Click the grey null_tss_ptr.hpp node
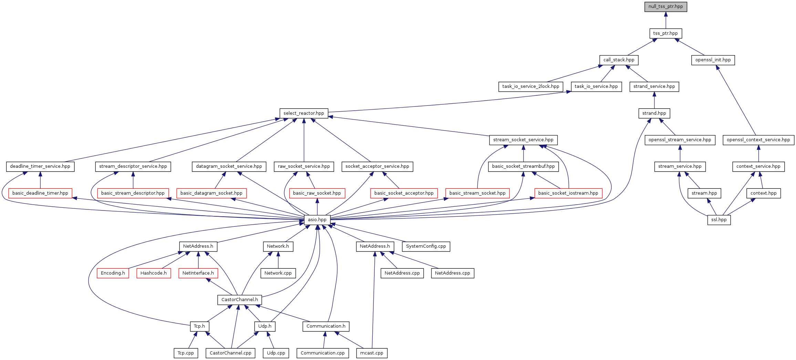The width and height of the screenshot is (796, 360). (x=665, y=7)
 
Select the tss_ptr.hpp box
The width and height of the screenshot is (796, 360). (x=665, y=33)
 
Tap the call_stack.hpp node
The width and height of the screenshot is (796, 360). (x=619, y=60)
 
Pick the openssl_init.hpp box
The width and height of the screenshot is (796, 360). (x=713, y=60)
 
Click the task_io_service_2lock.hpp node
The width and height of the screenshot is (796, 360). (x=530, y=86)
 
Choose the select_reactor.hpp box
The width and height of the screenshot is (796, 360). (x=303, y=113)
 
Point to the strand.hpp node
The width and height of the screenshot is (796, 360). (x=654, y=113)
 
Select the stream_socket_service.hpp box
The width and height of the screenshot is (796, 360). (x=523, y=140)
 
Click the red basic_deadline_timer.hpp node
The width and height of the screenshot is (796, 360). (x=40, y=193)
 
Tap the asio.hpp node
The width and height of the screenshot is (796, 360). (x=317, y=220)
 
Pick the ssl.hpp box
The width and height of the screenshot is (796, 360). (x=719, y=220)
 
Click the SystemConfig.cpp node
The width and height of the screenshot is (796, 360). (x=426, y=246)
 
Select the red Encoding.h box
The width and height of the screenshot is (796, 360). (x=113, y=273)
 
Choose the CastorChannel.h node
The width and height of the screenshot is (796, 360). (x=239, y=300)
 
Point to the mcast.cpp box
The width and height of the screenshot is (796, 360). (x=372, y=353)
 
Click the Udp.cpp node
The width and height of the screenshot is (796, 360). (x=276, y=353)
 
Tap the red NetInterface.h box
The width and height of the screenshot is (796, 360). (x=198, y=273)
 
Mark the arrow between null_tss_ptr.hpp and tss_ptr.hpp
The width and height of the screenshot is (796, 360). (x=665, y=20)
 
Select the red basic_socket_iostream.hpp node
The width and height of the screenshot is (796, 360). (x=568, y=193)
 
